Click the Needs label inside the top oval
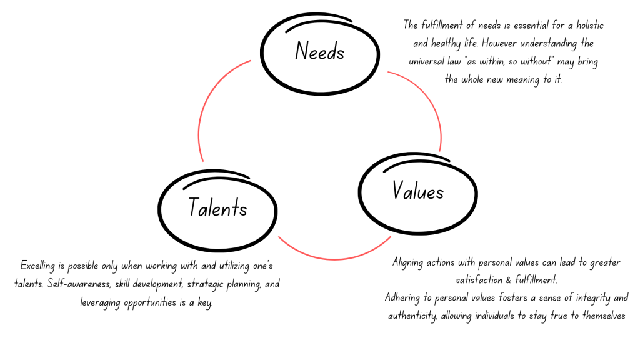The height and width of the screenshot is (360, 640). pos(319,51)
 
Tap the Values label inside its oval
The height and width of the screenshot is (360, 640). pos(418,190)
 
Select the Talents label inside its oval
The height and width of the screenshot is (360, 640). pos(217,208)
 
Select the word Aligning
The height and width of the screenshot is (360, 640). pos(409,262)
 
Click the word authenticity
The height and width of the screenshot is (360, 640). pos(411,316)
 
